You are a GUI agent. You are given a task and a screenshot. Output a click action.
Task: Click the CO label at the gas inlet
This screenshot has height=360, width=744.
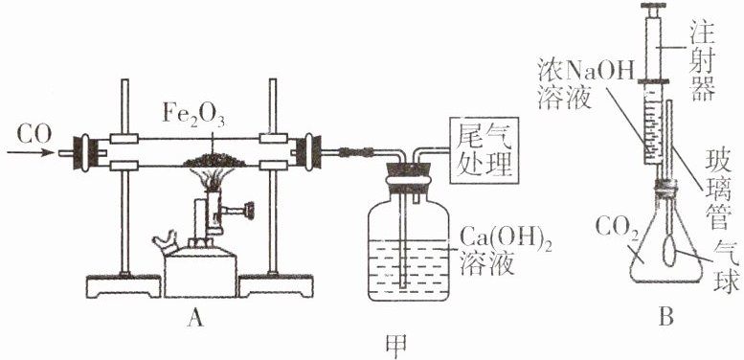tap(34, 135)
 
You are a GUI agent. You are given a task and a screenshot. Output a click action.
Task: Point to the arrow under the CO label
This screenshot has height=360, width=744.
tap(31, 153)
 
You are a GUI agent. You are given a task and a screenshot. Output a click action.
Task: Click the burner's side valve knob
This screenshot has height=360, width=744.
tap(249, 208)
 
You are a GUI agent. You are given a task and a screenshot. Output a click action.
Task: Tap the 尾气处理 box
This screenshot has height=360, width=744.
tap(484, 150)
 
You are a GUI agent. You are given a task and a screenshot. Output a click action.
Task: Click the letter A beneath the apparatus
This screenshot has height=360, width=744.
tap(195, 320)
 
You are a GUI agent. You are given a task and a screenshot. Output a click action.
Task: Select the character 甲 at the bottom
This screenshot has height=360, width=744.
tap(396, 347)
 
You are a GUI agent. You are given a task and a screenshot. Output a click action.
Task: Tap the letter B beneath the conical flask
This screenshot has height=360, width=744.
tap(666, 318)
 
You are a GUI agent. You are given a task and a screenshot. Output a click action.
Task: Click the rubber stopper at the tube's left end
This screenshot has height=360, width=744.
tap(85, 153)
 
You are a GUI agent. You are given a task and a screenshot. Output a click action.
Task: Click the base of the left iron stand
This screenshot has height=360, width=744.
tap(124, 285)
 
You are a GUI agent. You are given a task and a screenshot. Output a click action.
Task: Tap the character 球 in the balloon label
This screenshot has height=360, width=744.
tap(728, 282)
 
